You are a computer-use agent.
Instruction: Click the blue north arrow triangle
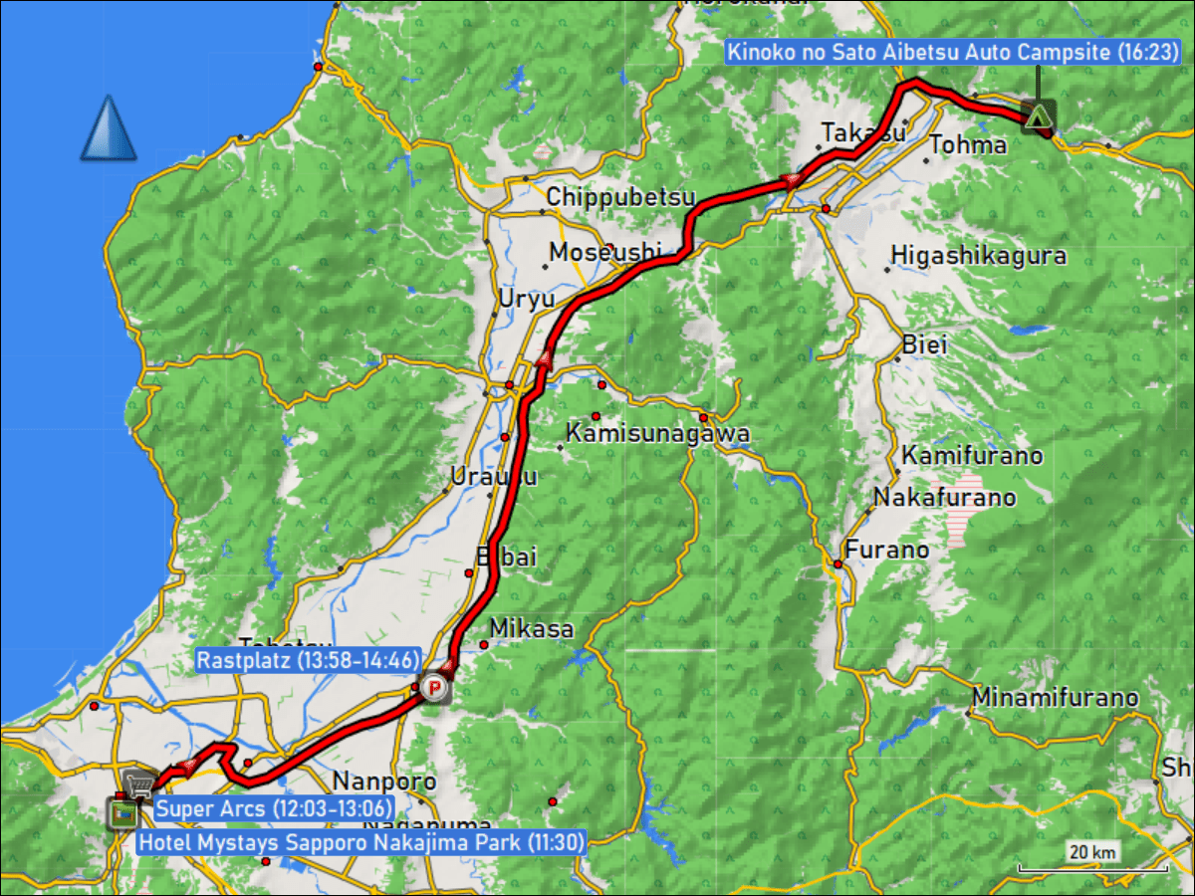tap(109, 129)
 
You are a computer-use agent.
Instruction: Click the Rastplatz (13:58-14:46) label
tap(308, 659)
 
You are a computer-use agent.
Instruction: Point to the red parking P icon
tap(433, 687)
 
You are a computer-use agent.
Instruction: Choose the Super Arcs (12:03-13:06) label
tap(274, 808)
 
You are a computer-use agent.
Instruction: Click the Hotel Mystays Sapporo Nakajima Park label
tap(360, 842)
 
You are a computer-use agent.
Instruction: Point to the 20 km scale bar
tap(1091, 867)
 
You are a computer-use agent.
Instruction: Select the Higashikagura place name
tap(978, 256)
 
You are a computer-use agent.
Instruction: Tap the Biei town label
tap(924, 345)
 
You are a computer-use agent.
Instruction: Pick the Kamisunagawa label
tap(657, 433)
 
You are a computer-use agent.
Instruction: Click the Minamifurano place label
tap(1056, 698)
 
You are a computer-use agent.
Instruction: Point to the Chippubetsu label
tap(620, 196)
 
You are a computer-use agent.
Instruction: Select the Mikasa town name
tap(532, 629)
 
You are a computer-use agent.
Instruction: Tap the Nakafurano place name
tap(944, 497)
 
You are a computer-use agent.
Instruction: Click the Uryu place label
tap(527, 299)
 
